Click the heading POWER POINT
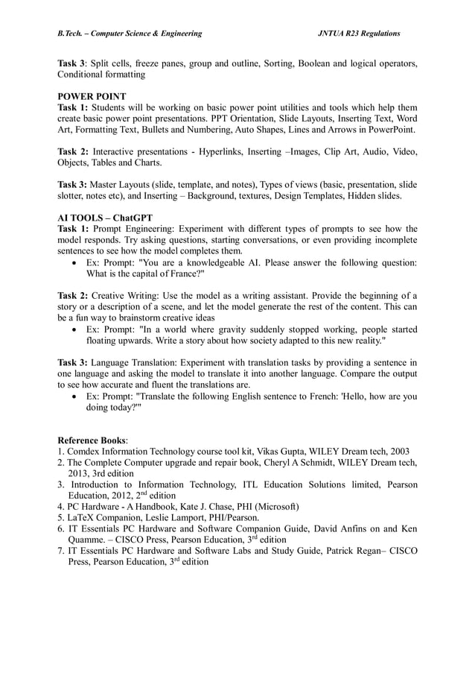coord(92,96)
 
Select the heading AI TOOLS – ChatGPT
coord(105,218)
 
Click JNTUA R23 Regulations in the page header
coord(359,34)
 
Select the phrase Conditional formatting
coord(101,75)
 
